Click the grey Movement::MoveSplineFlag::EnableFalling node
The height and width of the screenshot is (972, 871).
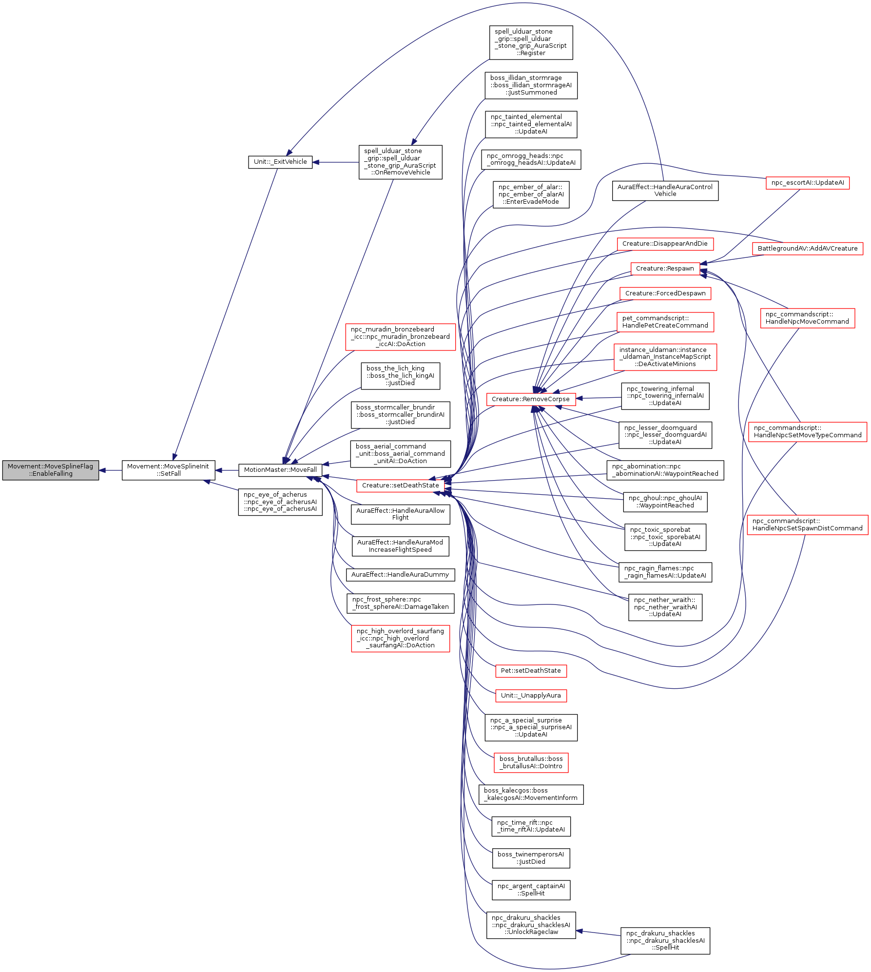coord(51,470)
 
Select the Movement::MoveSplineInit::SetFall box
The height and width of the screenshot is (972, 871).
coord(168,470)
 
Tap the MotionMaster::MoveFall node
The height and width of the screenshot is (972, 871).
coord(280,470)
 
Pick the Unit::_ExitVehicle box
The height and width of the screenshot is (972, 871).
coord(280,162)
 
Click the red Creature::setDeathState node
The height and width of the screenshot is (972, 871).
coord(400,486)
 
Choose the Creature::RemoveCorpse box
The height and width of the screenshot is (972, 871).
coord(530,399)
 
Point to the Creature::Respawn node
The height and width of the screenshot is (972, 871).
coord(665,269)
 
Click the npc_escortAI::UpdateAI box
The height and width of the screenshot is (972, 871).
coord(807,183)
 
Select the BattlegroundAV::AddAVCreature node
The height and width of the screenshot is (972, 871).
coord(807,249)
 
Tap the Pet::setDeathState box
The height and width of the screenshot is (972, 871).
coord(530,671)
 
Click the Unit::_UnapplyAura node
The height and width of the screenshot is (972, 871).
coord(530,696)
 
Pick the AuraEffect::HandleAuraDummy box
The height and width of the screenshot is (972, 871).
coord(400,575)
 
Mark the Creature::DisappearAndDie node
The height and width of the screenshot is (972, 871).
coord(665,244)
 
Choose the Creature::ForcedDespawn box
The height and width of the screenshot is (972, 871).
coord(665,293)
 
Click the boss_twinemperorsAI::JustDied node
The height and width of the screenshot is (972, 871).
coord(530,858)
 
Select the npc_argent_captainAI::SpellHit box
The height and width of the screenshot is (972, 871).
coord(530,890)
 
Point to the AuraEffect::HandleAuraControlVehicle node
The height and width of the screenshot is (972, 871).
coord(665,190)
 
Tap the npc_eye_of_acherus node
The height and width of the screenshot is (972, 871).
coord(280,502)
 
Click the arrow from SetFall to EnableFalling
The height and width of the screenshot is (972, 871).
coord(110,470)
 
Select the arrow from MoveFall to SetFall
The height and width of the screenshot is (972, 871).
coord(227,470)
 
